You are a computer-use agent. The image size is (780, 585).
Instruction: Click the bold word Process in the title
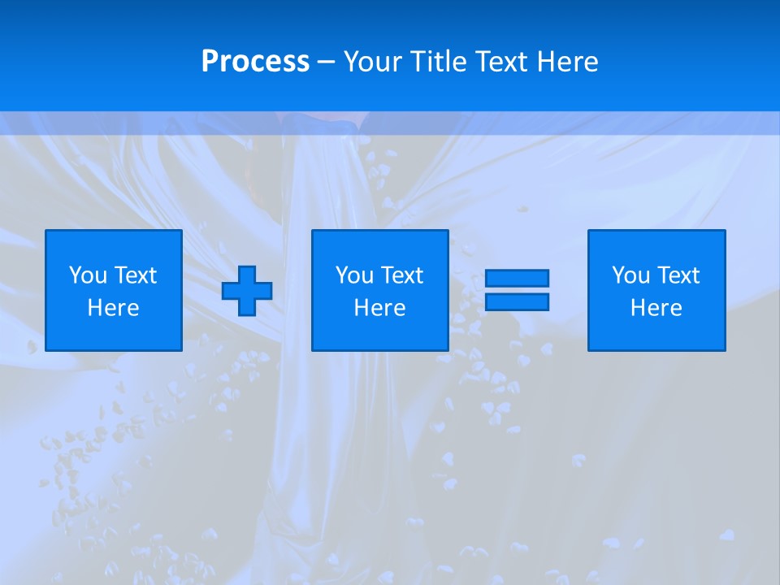255,62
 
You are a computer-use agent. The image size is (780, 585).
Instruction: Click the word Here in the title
568,62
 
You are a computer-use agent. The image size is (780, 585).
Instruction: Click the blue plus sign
247,291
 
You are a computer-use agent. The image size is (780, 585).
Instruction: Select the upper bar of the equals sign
517,278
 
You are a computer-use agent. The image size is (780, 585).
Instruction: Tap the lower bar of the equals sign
517,301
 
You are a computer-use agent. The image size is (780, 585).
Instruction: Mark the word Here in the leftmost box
114,308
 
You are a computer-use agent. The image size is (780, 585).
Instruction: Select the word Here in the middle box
380,308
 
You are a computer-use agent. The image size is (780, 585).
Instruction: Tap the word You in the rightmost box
630,275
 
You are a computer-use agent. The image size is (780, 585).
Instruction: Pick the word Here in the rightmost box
656,308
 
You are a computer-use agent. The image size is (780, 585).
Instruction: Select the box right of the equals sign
656,333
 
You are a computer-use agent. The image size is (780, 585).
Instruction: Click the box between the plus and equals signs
380,333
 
